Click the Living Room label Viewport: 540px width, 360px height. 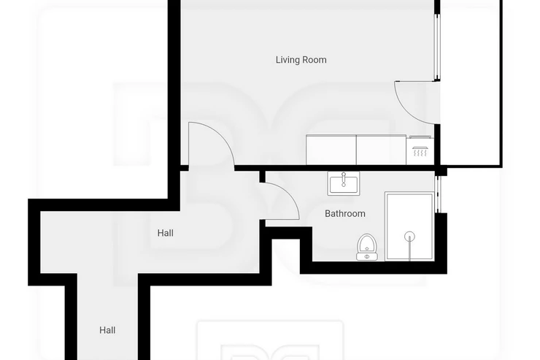301,60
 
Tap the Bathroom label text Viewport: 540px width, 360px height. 345,213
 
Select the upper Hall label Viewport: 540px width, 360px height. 166,233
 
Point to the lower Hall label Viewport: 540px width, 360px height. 107,330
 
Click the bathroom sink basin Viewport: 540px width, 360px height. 344,183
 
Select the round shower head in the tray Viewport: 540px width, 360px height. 409,237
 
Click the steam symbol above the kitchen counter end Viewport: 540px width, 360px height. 420,151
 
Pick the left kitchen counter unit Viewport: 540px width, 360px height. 331,150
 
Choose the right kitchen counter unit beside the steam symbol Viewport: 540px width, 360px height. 381,150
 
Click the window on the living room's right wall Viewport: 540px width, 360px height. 437,47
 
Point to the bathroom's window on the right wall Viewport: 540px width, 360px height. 437,194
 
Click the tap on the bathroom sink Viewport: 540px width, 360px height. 344,180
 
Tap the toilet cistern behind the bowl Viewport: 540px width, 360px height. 367,256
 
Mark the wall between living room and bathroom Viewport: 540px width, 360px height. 334,168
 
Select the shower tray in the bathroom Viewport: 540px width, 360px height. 409,226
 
